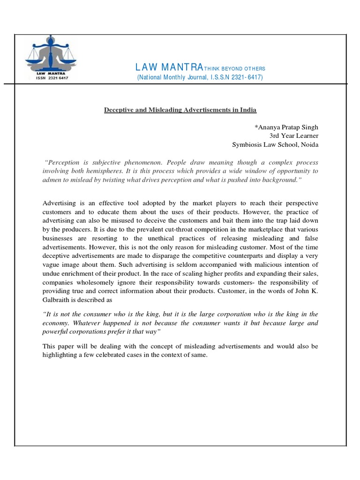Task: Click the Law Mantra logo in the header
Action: (x=47, y=54)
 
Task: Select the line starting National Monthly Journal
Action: (x=200, y=77)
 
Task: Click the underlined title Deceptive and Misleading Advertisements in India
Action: (x=180, y=110)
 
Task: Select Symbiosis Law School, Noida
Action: (x=275, y=145)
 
